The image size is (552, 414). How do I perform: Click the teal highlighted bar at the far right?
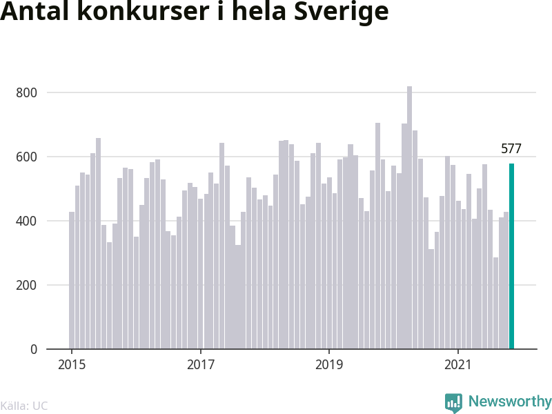tap(511, 257)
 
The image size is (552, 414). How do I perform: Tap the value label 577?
tap(511, 148)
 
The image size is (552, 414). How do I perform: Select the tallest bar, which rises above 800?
tap(409, 218)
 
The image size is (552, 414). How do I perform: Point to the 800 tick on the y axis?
tap(28, 93)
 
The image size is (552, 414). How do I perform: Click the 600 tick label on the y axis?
tap(28, 157)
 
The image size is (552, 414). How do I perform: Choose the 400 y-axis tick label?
tap(28, 221)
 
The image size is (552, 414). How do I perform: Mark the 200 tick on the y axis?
tap(28, 286)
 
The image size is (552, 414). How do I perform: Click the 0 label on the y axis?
tap(34, 350)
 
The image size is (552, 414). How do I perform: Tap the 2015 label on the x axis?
tap(72, 365)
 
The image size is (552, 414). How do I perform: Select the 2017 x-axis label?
tap(201, 365)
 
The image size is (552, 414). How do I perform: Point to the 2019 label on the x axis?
tap(330, 365)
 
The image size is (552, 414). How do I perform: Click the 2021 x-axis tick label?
tap(459, 365)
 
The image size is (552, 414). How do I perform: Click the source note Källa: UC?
tap(24, 406)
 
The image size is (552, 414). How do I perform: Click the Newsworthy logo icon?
tap(453, 402)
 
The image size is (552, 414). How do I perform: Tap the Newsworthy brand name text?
tap(510, 402)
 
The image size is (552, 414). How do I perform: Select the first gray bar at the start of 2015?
tap(72, 280)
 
